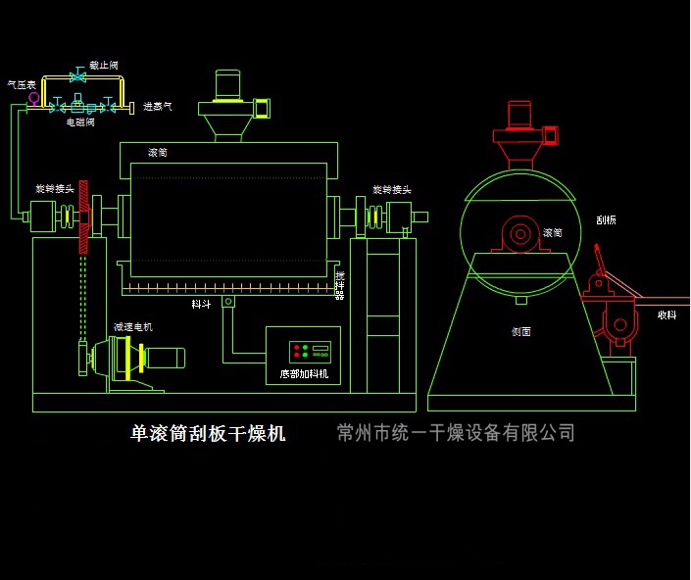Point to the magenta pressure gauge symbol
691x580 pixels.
pyautogui.click(x=34, y=97)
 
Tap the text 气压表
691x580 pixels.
pyautogui.click(x=22, y=85)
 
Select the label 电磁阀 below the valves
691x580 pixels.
pyautogui.click(x=79, y=122)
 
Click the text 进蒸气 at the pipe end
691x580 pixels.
pyautogui.click(x=158, y=107)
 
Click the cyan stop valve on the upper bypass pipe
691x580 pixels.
pyautogui.click(x=77, y=75)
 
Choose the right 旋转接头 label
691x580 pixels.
pyautogui.click(x=391, y=189)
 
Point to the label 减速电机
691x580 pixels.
pyautogui.click(x=132, y=327)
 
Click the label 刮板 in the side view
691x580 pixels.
pyautogui.click(x=606, y=220)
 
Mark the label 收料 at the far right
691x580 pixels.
pyautogui.click(x=666, y=314)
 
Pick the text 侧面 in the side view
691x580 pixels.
pyautogui.click(x=520, y=332)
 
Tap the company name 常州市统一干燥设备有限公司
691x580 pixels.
pyautogui.click(x=455, y=433)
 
